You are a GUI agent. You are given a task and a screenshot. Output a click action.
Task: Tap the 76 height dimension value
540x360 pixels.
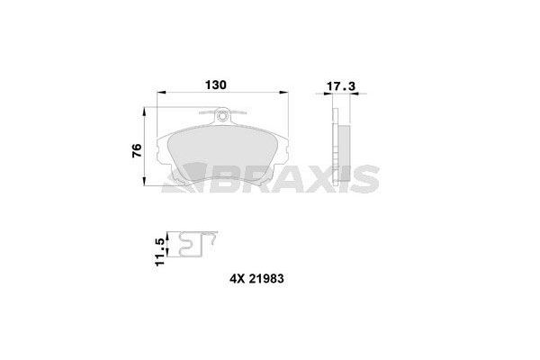pos(135,150)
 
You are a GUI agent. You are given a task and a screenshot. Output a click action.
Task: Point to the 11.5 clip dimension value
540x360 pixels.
pos(160,249)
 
